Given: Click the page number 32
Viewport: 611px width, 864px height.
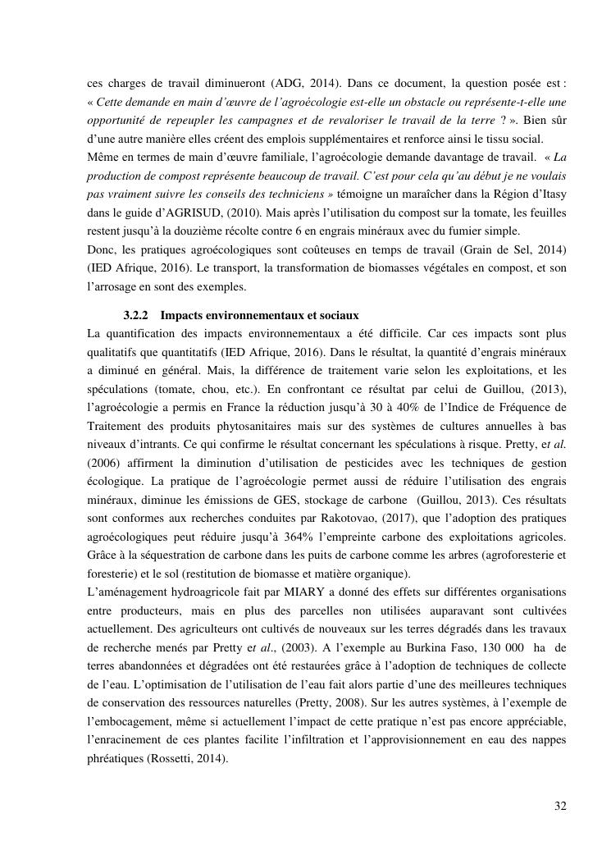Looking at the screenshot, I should [x=560, y=806].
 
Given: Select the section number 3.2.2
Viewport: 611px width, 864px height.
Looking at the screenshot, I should [x=135, y=316].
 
